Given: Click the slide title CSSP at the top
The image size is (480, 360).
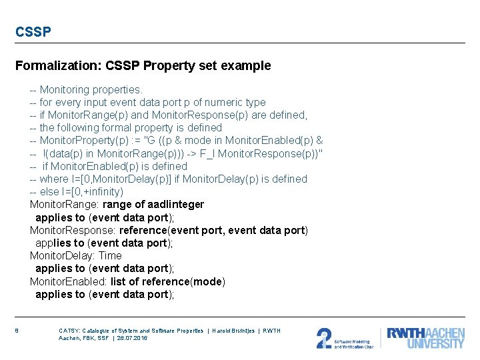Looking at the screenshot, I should click(33, 31).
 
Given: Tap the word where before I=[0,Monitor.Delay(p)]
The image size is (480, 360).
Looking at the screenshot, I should click(54, 179).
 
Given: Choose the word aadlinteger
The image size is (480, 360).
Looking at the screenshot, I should click(176, 204).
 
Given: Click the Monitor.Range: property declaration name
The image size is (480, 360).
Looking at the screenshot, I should click(65, 204).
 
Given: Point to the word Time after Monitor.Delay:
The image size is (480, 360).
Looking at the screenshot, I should click(110, 255).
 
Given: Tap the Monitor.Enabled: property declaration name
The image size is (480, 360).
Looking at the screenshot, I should click(68, 281).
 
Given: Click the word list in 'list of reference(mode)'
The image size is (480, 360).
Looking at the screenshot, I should click(119, 281).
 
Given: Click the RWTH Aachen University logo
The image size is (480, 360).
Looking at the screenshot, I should click(425, 337).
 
